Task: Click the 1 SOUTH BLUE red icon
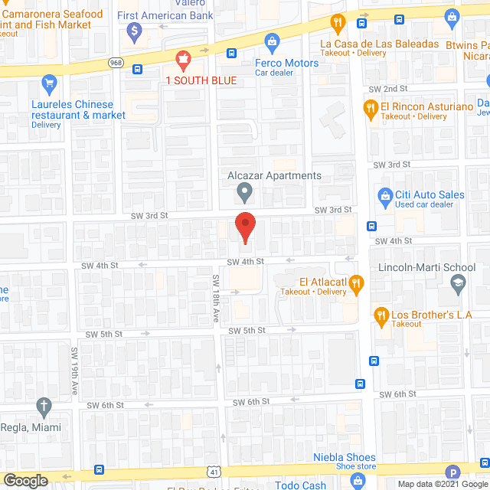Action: tap(183, 57)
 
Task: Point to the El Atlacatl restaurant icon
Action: tap(355, 285)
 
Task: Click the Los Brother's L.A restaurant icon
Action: tap(381, 315)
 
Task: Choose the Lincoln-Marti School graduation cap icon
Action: tap(458, 284)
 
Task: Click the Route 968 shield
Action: tap(115, 62)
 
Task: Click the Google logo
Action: tap(25, 480)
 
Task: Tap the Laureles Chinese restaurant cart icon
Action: tap(49, 83)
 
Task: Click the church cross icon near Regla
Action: tap(45, 405)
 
